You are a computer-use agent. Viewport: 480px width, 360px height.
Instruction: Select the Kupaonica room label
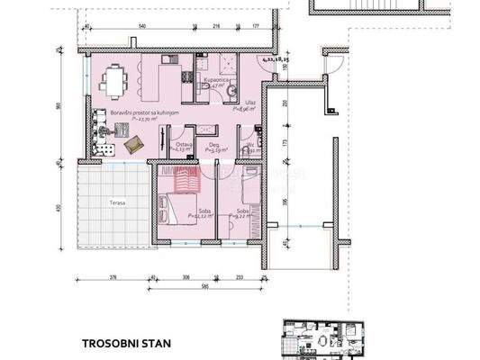pos(220,80)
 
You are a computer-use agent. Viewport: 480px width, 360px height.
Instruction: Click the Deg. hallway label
pos(213,148)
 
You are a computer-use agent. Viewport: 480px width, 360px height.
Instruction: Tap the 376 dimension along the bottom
pos(113,278)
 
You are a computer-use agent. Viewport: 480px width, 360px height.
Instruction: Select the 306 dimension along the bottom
pos(186,278)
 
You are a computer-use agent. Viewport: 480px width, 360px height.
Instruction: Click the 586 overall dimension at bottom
pos(205,287)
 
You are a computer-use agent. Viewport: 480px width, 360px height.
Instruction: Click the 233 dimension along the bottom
pos(240,278)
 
